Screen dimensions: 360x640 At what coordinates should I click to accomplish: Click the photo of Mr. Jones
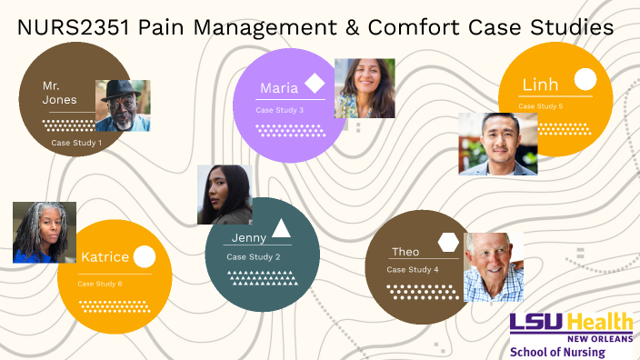123,105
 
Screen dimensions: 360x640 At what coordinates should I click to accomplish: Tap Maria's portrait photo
365,88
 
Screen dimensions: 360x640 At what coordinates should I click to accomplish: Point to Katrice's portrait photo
45,233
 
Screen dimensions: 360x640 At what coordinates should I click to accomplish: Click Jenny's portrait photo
225,195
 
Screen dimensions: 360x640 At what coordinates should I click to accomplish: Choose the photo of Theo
494,267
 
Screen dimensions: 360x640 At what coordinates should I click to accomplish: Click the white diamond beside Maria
315,84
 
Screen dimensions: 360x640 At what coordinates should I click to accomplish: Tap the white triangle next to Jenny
281,228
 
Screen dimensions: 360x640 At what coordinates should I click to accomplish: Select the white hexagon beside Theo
448,242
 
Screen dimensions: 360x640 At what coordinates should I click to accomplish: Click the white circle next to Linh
585,80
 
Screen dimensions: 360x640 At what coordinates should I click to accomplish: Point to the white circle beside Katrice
144,257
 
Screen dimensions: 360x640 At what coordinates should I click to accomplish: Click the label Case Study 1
76,143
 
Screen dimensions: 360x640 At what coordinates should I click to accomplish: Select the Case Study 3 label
280,110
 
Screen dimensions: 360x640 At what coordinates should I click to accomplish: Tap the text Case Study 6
100,284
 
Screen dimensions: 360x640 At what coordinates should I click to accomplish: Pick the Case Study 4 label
413,270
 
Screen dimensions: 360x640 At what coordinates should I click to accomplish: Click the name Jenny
248,237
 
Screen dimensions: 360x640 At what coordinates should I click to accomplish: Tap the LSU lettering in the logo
538,322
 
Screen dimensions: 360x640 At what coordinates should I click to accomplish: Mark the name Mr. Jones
60,93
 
